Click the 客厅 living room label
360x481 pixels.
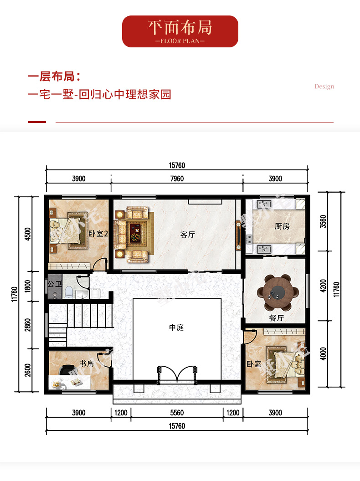tap(188, 235)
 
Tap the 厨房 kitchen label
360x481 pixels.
tap(282, 226)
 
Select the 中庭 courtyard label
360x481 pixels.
tap(176, 327)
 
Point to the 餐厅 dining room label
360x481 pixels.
tap(276, 318)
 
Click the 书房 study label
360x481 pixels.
tap(87, 363)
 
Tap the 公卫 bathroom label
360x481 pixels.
tap(55, 284)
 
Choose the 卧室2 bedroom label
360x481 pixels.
tap(98, 234)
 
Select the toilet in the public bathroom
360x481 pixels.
tap(69, 292)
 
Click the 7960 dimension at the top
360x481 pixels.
tap(177, 179)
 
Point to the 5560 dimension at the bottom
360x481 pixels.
tap(177, 413)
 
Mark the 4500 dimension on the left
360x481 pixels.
tap(28, 234)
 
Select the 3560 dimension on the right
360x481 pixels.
tap(323, 221)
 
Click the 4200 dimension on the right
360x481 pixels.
tap(323, 286)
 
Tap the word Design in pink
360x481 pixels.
tap(324, 87)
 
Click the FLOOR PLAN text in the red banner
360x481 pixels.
tap(180, 41)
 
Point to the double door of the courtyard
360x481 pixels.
tap(177, 374)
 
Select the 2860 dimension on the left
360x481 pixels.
tap(28, 325)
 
